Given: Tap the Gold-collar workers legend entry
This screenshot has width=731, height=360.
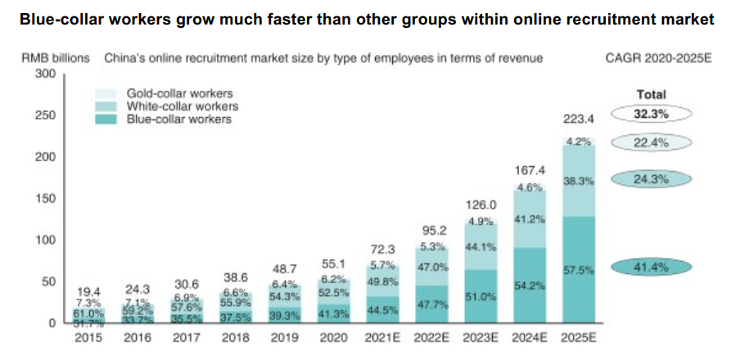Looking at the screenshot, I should click(x=179, y=94).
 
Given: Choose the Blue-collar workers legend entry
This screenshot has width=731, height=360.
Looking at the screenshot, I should click(x=179, y=119).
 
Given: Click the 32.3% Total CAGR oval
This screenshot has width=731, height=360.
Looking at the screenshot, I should click(x=652, y=115).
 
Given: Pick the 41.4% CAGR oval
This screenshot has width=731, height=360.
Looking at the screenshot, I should click(x=652, y=267).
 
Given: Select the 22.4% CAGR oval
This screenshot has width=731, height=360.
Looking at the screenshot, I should click(x=652, y=143).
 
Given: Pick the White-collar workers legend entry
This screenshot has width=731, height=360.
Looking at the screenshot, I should click(x=183, y=106).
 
